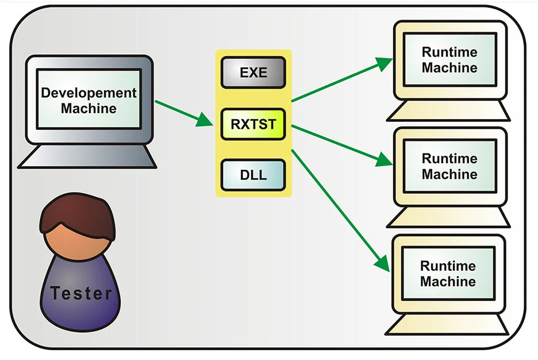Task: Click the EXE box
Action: (x=253, y=72)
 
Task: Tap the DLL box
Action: (x=253, y=175)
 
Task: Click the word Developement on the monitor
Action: (x=89, y=93)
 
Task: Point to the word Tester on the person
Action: (x=80, y=293)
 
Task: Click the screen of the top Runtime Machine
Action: (x=449, y=60)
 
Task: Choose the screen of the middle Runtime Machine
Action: (x=449, y=166)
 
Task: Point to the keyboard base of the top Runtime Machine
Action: (x=448, y=111)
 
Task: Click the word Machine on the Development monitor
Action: (x=89, y=108)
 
